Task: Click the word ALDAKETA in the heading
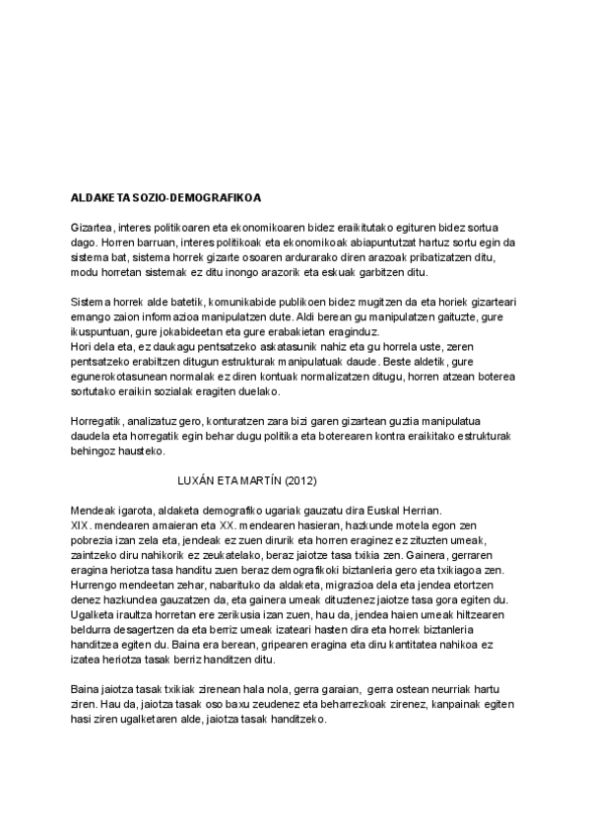click(98, 198)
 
